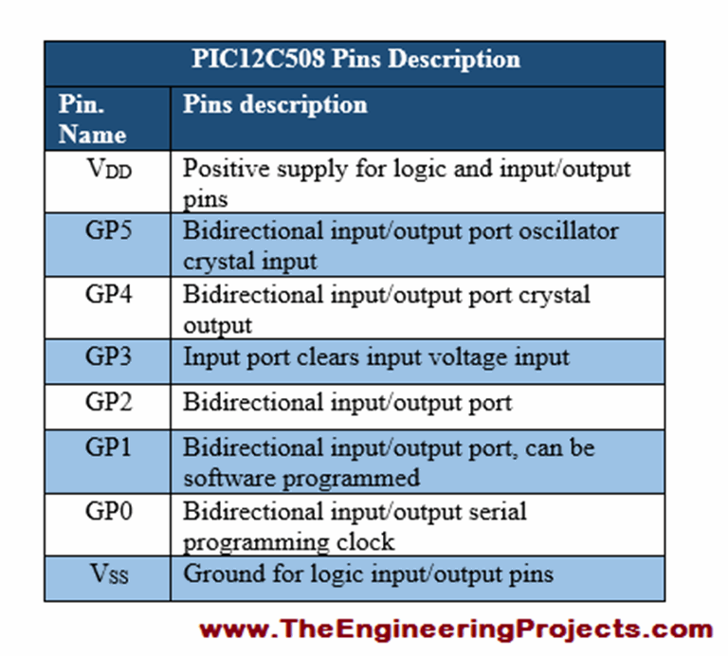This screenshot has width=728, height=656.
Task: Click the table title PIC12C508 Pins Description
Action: coord(355,59)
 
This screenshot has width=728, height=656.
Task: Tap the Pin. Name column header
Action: coord(92,118)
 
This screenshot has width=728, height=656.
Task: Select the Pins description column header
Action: coord(275,103)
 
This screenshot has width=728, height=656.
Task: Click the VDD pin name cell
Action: coord(107,170)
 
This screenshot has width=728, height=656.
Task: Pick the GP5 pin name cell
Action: coord(107,231)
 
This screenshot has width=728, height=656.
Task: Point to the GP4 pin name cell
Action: coord(107,294)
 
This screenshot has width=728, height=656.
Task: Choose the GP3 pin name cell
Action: coord(107,356)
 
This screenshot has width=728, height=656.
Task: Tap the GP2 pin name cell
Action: coord(107,402)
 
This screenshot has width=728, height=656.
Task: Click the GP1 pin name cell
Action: coord(107,447)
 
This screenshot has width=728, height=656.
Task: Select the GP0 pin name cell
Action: coord(107,512)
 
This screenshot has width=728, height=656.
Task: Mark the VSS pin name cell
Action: coord(107,574)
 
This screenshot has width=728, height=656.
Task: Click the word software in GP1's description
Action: coord(219,477)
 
